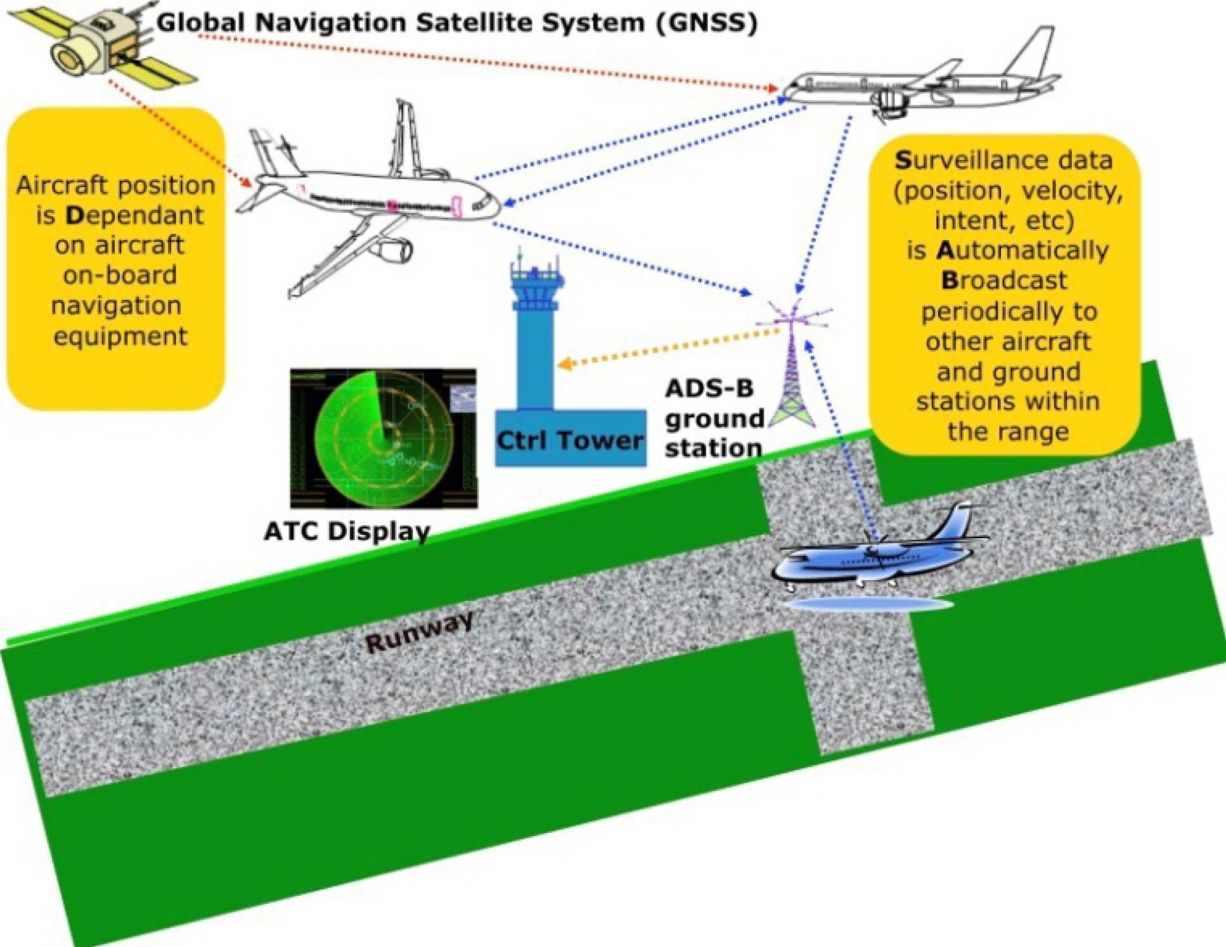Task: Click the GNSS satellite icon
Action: (101, 41)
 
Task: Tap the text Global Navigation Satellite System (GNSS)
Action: (456, 23)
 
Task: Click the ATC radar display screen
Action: (384, 438)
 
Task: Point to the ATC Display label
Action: (347, 531)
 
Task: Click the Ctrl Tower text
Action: (569, 440)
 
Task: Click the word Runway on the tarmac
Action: (420, 631)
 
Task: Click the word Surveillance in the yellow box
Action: (1003, 160)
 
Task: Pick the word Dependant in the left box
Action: (134, 216)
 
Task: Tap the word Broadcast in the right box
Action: (1003, 281)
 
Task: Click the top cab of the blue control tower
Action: (536, 279)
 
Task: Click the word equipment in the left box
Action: (120, 336)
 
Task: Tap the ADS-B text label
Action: (709, 388)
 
